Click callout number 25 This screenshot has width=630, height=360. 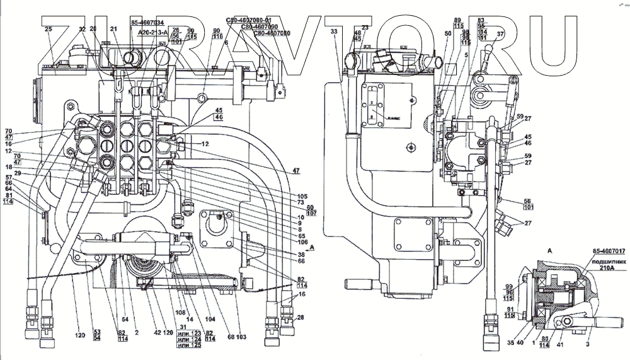49,29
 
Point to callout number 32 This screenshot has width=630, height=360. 82,29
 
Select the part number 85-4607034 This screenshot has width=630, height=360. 147,22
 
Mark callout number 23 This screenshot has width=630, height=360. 365,27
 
